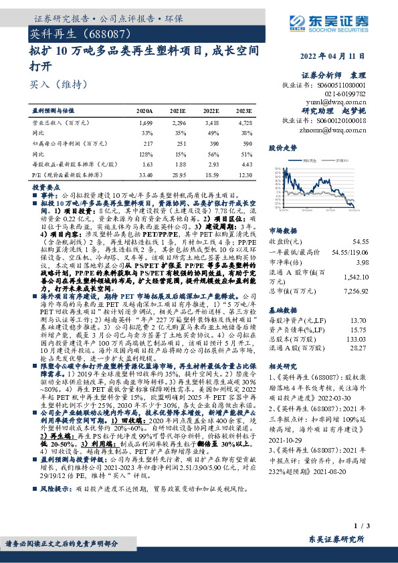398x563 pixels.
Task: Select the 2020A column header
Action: pos(144,111)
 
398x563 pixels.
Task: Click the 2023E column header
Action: pos(244,111)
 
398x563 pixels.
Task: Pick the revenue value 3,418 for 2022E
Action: pos(211,123)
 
